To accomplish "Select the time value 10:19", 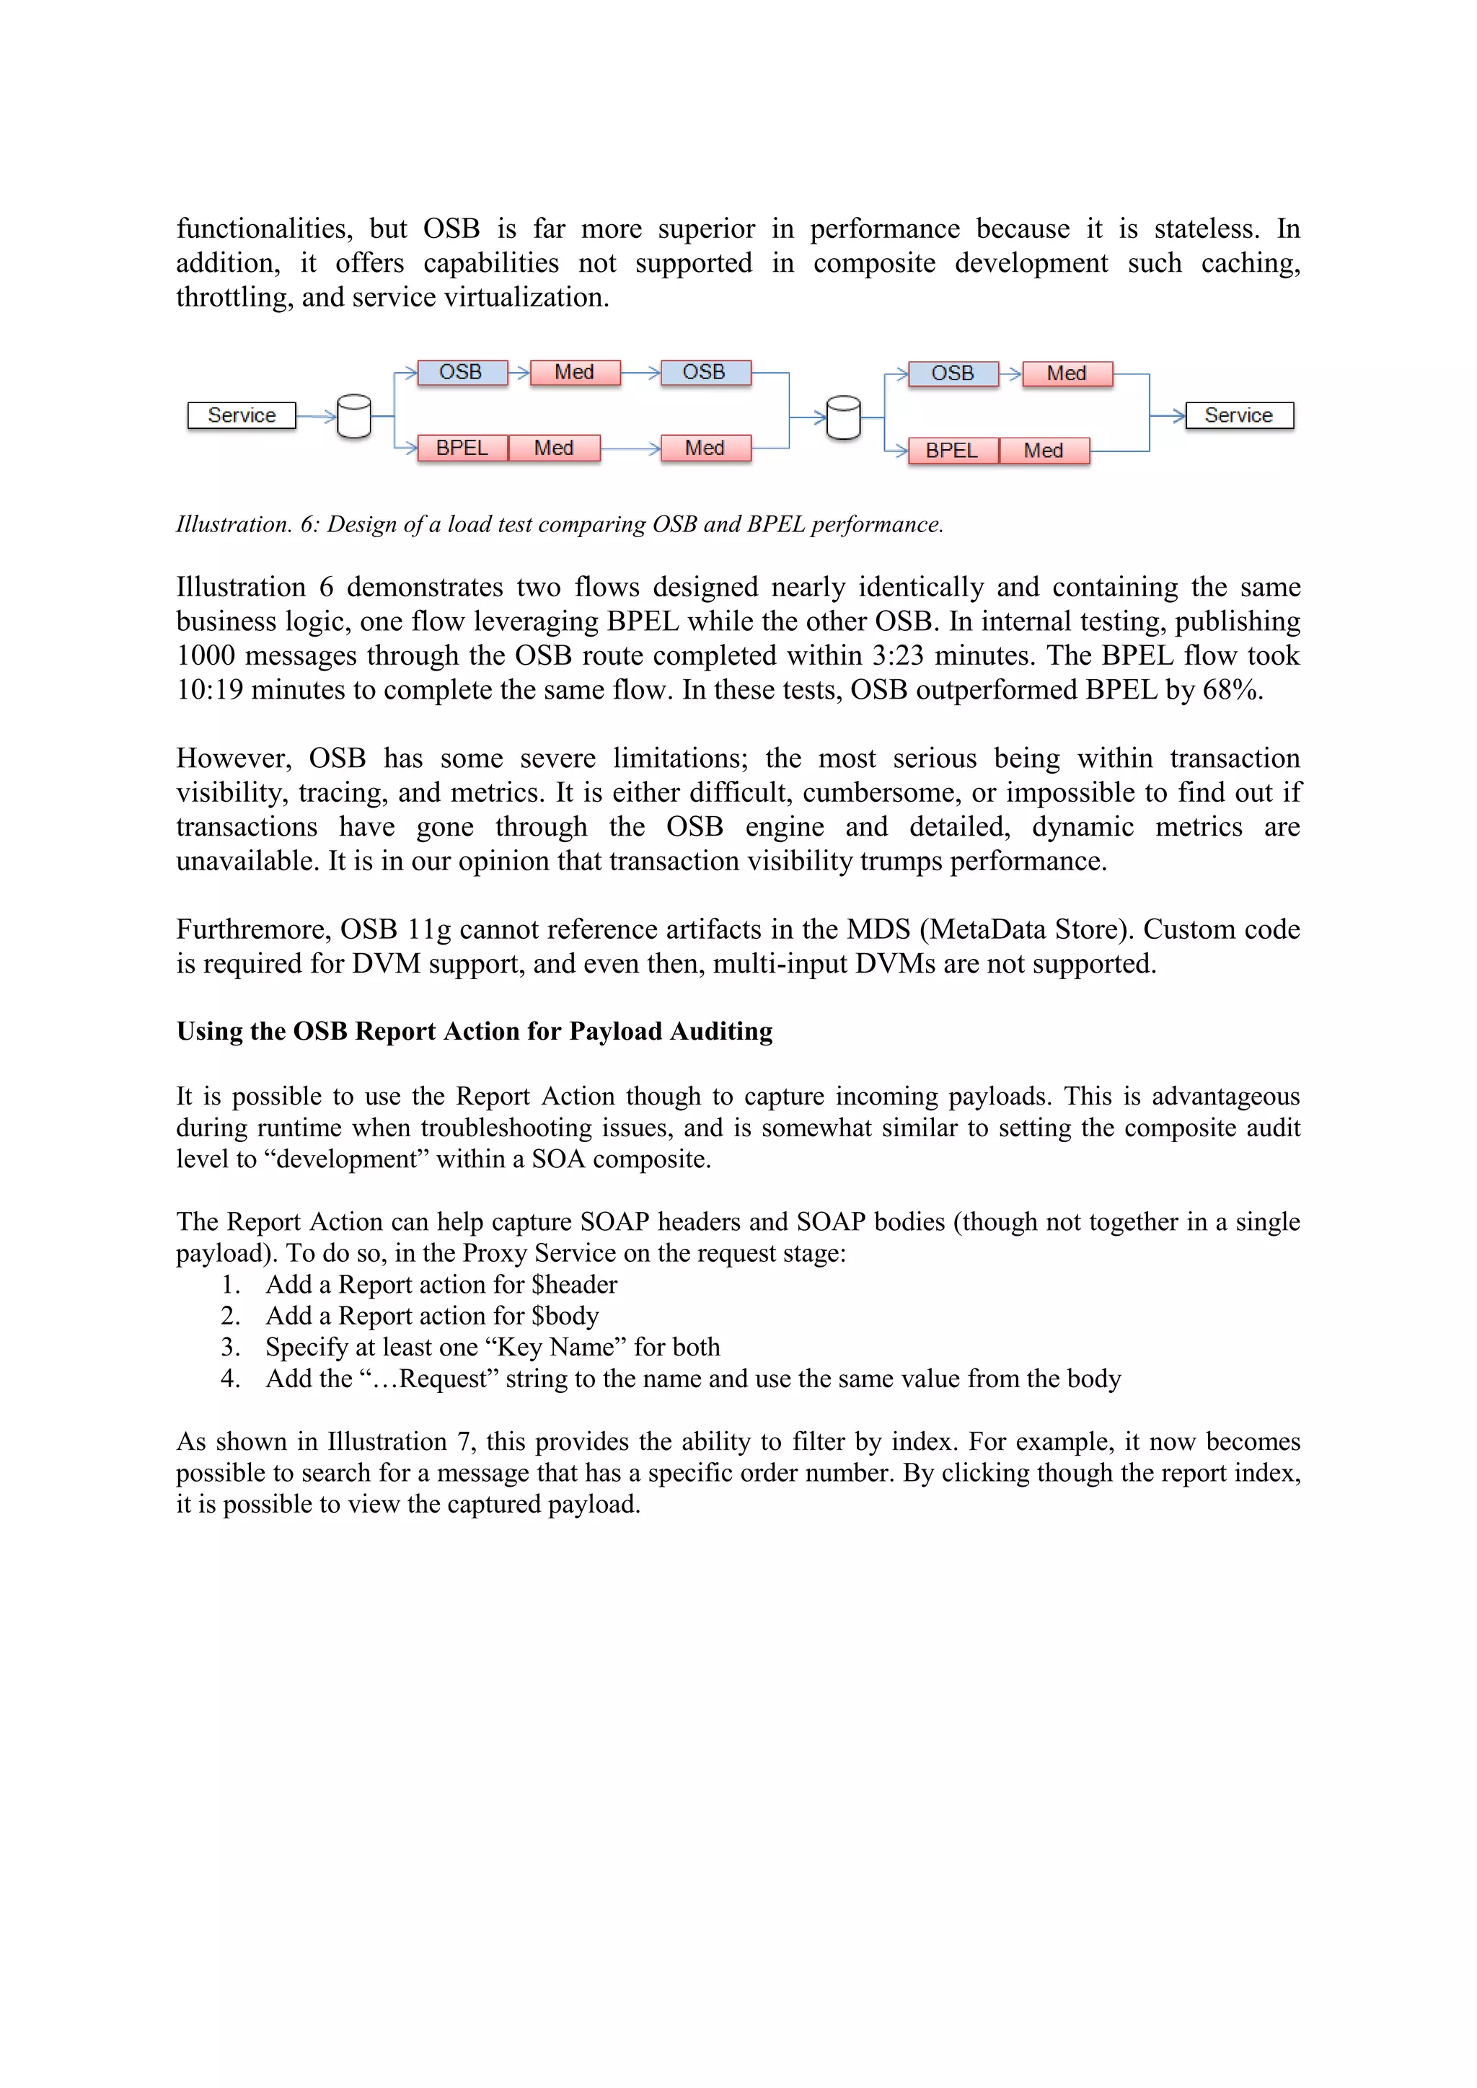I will click(209, 690).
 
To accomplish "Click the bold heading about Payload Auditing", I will click(474, 1031).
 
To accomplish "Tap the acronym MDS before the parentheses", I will click(878, 929).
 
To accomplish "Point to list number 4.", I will click(230, 1379).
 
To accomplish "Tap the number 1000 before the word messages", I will click(206, 655).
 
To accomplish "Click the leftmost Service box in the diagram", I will click(241, 415).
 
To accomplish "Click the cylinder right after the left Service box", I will click(354, 417).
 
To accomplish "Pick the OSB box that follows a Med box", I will click(705, 372).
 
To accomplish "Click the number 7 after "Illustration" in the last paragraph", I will click(463, 1441).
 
